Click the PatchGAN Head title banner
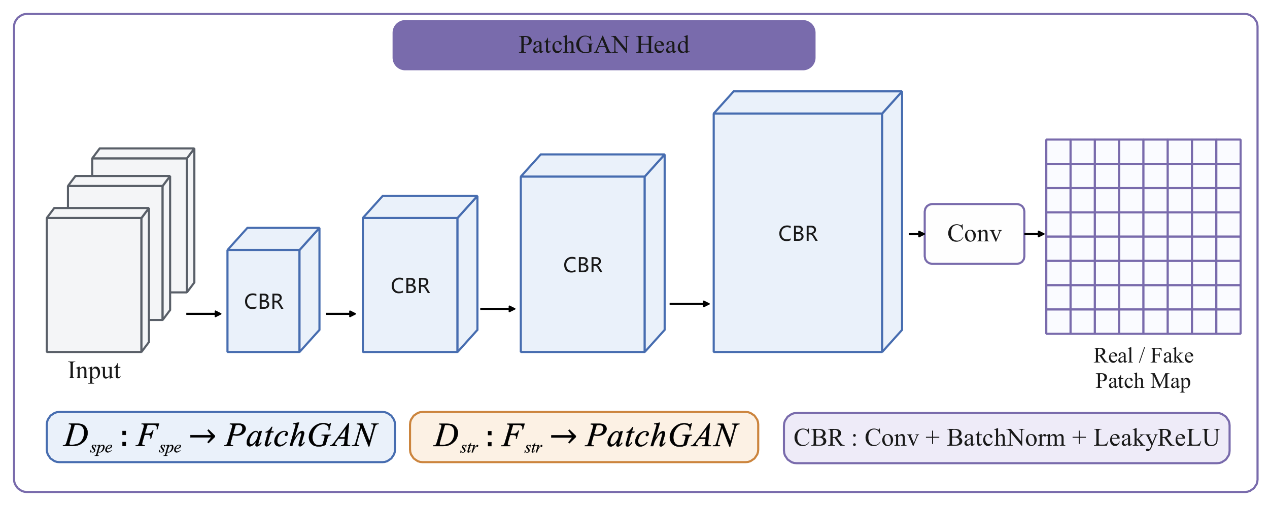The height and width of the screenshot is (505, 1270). [604, 45]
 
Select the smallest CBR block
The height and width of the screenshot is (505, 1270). [273, 290]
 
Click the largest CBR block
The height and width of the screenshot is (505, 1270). [808, 222]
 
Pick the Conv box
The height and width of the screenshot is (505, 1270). [974, 234]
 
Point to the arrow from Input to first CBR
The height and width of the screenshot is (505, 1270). [204, 314]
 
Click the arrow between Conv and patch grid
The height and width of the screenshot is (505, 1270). [1035, 234]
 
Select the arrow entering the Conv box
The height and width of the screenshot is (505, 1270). [917, 234]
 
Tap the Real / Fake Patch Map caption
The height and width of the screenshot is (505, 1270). [1143, 368]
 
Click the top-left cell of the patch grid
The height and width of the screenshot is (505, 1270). [1058, 152]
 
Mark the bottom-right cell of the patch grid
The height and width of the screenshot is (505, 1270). [1228, 321]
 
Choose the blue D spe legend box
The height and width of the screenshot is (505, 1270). [221, 437]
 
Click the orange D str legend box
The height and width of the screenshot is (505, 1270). [584, 437]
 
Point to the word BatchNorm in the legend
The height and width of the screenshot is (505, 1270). [1006, 438]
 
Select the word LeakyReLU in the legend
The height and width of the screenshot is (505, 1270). [1156, 438]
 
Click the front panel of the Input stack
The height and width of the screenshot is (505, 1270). [98, 280]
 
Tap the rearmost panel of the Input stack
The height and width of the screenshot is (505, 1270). [144, 221]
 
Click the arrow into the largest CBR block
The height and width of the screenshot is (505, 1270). [690, 304]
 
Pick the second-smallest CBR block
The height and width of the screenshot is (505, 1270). [420, 274]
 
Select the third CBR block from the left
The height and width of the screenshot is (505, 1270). [593, 253]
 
